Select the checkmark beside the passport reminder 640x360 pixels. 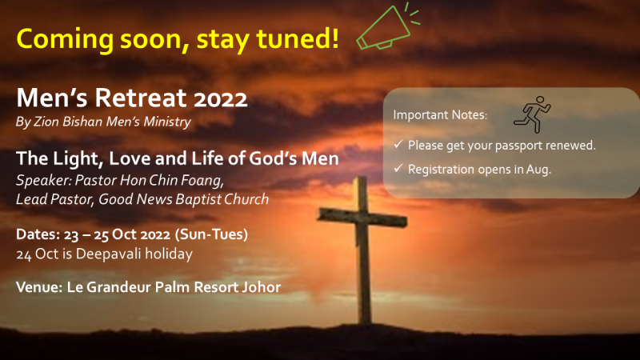pos(398,145)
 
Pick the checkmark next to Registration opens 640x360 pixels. pos(398,168)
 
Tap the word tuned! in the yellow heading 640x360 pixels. pos(297,38)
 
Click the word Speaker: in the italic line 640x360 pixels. pos(44,181)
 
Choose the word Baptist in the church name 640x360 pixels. pos(198,199)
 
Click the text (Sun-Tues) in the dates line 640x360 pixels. pos(211,234)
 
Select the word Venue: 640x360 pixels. pos(39,287)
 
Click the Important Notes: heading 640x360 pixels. pos(440,114)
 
